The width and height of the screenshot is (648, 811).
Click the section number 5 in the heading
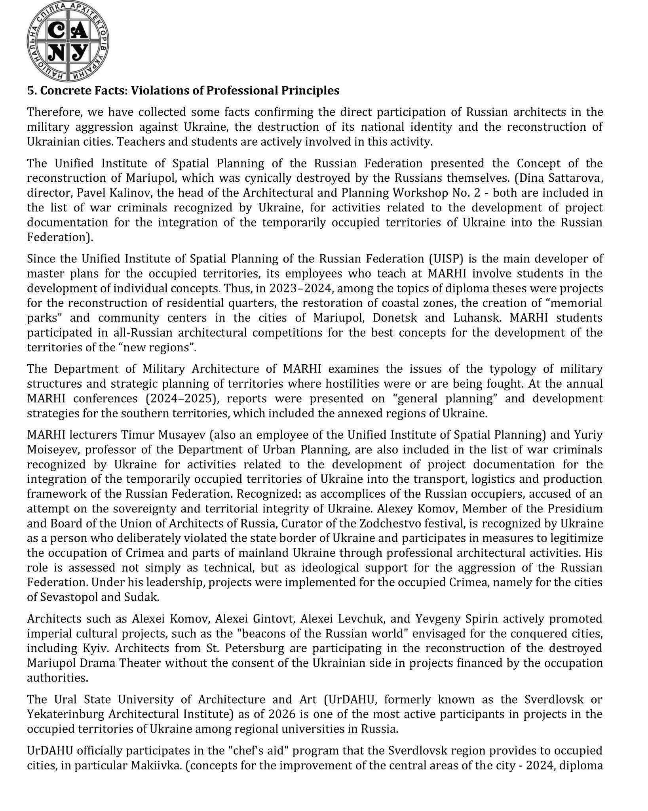coord(30,91)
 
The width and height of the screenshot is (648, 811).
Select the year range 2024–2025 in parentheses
coord(179,398)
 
